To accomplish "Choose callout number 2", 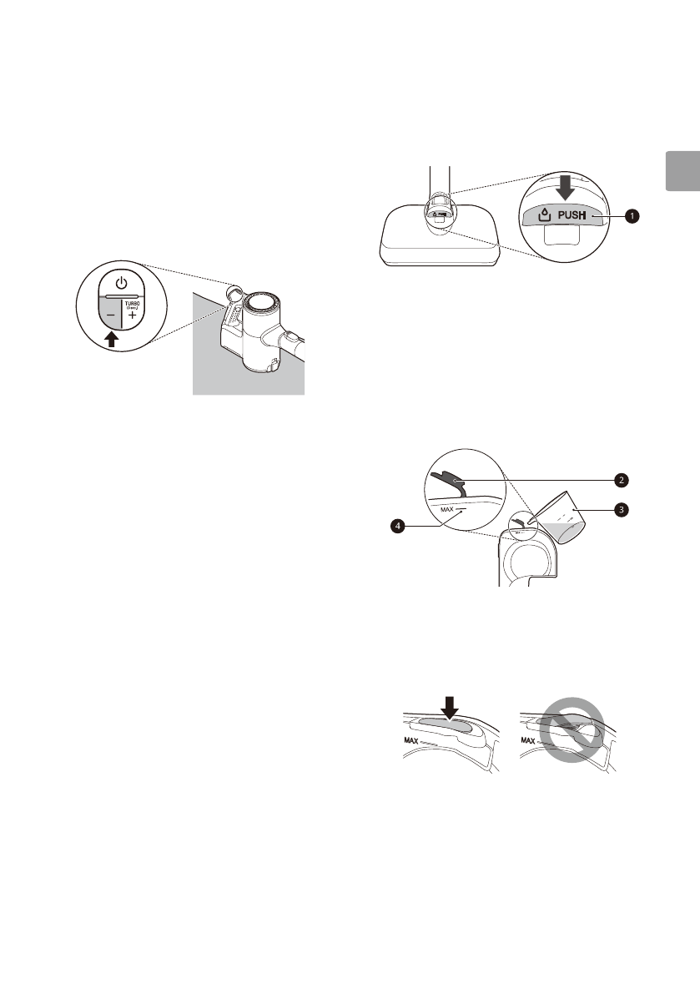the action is point(621,480).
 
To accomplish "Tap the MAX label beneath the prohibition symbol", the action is point(527,739).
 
